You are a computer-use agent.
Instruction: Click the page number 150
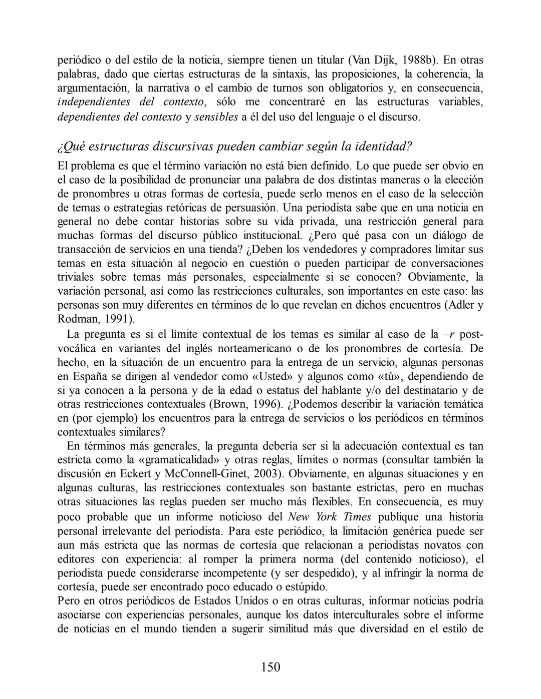tap(270, 667)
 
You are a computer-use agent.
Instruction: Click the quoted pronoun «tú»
tap(385, 376)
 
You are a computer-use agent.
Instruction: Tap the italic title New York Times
tap(329, 517)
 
